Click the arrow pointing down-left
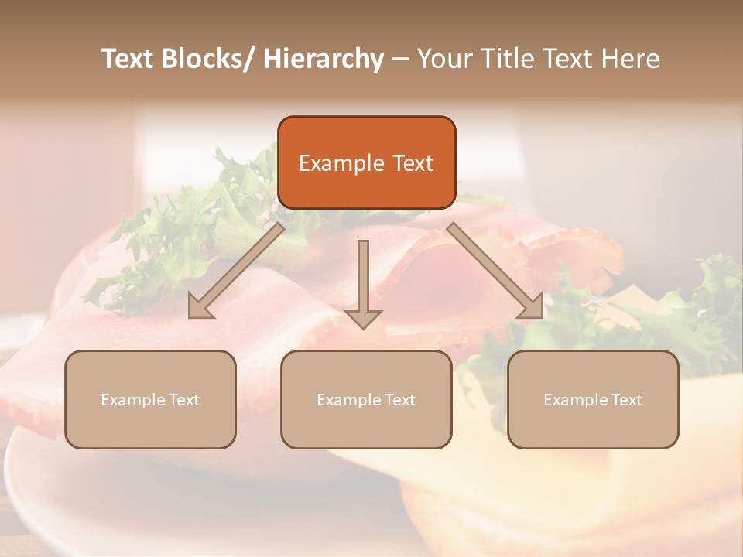(237, 271)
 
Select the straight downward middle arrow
(363, 283)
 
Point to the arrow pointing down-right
(495, 271)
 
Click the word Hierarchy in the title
(324, 59)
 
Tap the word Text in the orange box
(413, 163)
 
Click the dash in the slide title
(400, 59)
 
